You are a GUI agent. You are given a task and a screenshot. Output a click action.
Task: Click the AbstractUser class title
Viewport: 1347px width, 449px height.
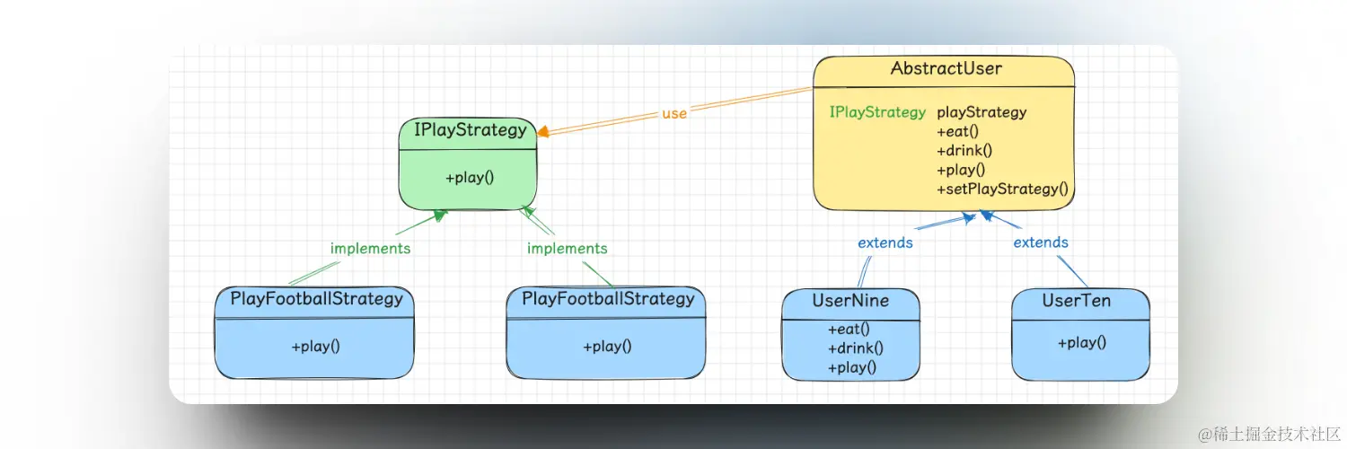[946, 68]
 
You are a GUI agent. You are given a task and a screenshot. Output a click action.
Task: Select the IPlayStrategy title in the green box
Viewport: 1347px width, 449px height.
[470, 129]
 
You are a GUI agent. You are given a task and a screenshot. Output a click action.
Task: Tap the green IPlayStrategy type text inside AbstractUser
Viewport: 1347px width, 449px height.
[877, 112]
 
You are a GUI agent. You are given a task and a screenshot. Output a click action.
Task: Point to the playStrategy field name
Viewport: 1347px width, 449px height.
[982, 112]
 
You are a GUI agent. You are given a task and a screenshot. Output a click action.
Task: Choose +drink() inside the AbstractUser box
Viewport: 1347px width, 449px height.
[964, 150]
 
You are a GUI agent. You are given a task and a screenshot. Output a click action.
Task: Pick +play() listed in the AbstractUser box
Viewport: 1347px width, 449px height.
[961, 169]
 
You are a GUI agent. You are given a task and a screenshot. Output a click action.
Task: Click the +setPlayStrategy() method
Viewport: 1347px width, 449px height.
[1003, 189]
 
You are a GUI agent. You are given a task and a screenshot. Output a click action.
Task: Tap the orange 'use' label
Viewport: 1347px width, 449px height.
[673, 113]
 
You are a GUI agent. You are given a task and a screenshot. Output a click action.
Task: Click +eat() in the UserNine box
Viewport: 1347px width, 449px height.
[849, 329]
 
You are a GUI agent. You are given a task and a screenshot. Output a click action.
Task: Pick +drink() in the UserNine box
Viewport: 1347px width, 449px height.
[855, 348]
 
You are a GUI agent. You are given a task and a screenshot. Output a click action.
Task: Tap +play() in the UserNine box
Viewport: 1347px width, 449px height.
[851, 366]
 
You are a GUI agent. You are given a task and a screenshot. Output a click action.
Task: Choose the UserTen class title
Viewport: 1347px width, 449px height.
[1077, 301]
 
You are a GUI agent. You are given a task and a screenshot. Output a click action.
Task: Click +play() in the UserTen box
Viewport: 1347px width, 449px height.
[1081, 342]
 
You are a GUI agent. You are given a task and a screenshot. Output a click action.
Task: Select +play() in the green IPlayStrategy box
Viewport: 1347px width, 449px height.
[470, 177]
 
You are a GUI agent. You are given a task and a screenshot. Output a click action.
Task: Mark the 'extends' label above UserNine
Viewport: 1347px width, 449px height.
[885, 242]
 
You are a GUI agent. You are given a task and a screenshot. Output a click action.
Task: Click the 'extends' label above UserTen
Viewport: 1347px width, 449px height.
[1041, 242]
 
